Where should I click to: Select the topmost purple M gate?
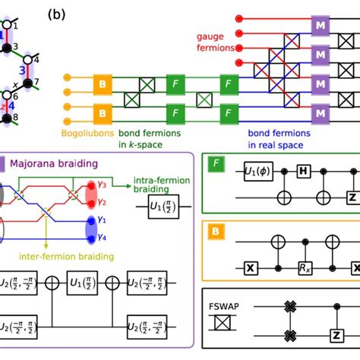coord(319,29)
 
